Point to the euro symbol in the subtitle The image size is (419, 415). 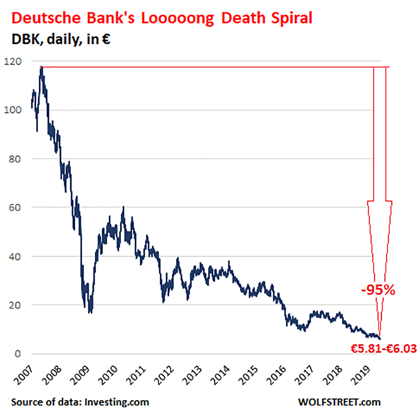pos(106,39)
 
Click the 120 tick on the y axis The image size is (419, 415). pos(13,61)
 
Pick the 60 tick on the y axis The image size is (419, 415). pos(15,207)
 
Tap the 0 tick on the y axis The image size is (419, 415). pos(18,354)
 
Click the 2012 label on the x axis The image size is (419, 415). pos(164,375)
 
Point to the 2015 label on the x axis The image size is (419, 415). pos(248,375)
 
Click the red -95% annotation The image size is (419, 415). pos(378,290)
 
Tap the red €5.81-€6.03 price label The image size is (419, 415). pos(384,349)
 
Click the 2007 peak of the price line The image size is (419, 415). pos(42,67)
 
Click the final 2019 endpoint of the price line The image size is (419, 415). pos(380,339)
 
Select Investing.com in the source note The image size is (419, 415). pos(117,402)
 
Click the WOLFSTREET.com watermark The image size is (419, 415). pos(339,402)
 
